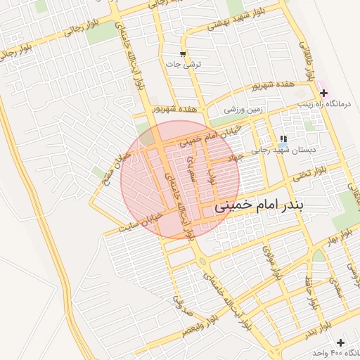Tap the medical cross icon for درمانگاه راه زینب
coord(323,93)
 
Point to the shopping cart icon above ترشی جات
coord(183,54)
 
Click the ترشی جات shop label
coord(183,64)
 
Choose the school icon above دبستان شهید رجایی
coord(283,139)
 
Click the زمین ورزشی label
coord(243,109)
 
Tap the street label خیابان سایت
coord(145,224)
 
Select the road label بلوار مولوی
coord(269,262)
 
